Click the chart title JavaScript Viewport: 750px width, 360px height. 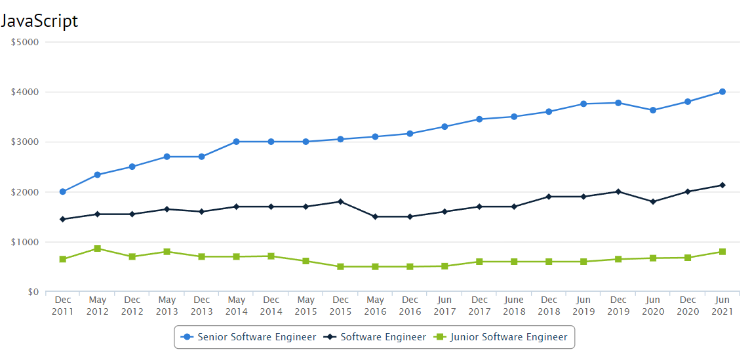39,21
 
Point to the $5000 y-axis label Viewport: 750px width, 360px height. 26,42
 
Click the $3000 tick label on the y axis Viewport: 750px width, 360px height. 26,142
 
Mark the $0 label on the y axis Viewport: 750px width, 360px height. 32,292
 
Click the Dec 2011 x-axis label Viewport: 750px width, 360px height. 63,306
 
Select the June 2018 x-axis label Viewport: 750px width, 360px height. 514,306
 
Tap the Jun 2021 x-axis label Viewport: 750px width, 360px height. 722,306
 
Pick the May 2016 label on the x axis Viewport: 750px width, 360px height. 375,306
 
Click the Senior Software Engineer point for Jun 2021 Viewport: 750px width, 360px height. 722,92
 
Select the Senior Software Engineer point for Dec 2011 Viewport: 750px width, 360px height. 63,191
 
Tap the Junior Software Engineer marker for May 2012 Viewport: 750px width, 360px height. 98,249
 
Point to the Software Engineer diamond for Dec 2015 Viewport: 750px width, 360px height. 340,201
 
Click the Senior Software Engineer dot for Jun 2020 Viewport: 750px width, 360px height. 653,110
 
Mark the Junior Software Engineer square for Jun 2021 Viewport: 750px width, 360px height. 722,252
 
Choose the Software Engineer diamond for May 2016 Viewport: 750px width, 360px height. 375,216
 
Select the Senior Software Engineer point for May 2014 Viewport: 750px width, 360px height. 236,142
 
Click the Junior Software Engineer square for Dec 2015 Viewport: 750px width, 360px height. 340,267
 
